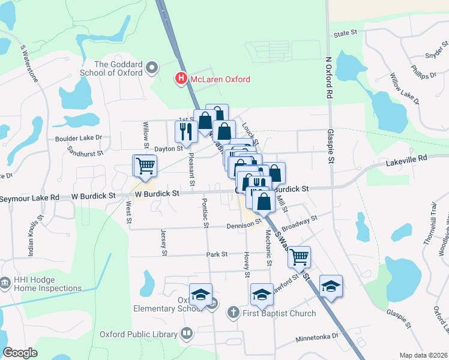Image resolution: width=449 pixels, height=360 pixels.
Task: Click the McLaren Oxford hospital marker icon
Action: tap(179, 79)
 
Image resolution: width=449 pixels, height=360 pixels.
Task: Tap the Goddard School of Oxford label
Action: tap(118, 68)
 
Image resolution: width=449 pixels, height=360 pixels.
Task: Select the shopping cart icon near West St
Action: tap(145, 165)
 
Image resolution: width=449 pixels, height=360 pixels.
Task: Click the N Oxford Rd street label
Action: tap(328, 79)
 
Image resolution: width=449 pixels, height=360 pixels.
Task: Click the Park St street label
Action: tap(217, 254)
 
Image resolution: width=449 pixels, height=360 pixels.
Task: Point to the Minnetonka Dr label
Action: tap(317, 338)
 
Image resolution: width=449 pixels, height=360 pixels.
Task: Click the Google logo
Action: tap(20, 352)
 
